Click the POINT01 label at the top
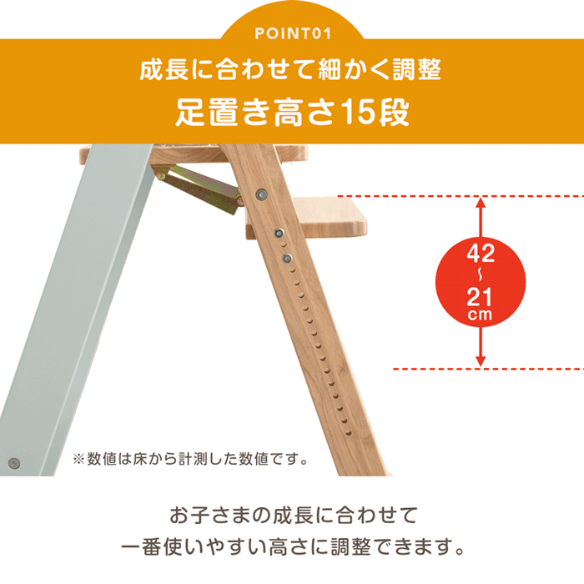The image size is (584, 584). coord(292,34)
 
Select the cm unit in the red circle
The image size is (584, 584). coord(480,315)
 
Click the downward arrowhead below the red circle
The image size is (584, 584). coord(480,360)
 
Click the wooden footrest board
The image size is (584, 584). coord(325,219)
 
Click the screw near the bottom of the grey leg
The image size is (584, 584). coord(14,463)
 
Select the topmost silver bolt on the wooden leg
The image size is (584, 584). coord(262,194)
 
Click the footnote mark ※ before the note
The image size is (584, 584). coord(79,459)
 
